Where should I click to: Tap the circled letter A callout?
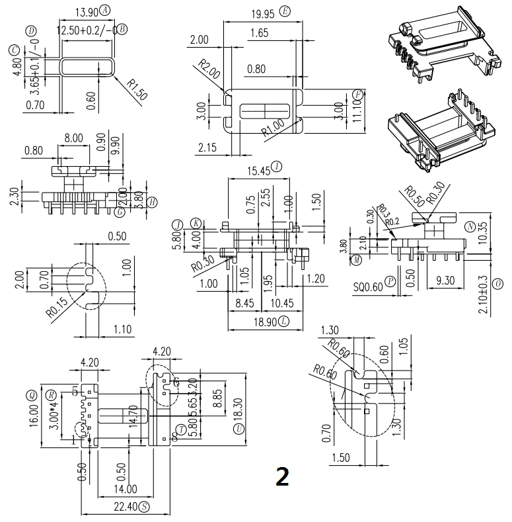point(106,10)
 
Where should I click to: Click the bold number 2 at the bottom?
point(282,476)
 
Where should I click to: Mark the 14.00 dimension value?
point(125,490)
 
